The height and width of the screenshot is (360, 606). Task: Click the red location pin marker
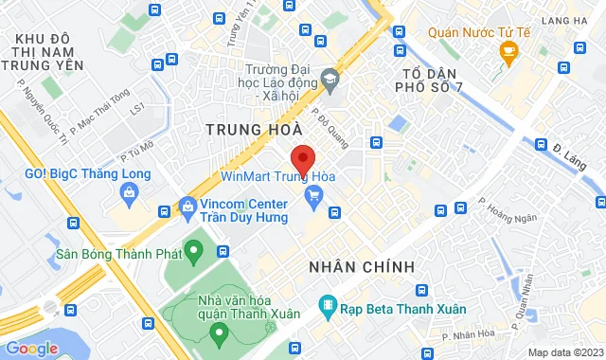[x=302, y=158]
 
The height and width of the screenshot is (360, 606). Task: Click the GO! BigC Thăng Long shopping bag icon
[x=131, y=194]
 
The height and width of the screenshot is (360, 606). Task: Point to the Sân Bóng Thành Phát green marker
[x=194, y=253]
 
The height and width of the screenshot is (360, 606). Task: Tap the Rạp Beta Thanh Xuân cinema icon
[x=328, y=306]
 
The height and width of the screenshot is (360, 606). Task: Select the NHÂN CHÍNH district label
[x=362, y=267]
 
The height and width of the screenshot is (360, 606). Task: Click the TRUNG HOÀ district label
[x=255, y=127]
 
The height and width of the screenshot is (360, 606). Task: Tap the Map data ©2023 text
[x=564, y=352]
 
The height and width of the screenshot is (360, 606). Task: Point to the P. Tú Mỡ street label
[x=136, y=152]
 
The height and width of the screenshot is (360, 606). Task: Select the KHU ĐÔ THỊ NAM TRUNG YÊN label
[x=44, y=51]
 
